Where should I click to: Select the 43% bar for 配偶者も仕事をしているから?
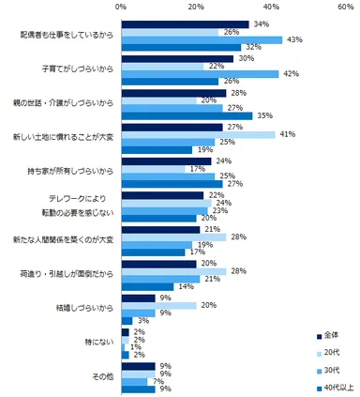coord(202,39)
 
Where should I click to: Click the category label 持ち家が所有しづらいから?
coord(71,173)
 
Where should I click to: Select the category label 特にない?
coord(97,342)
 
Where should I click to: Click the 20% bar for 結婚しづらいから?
coord(158,304)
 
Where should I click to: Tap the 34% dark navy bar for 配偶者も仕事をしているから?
coord(185,23)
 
